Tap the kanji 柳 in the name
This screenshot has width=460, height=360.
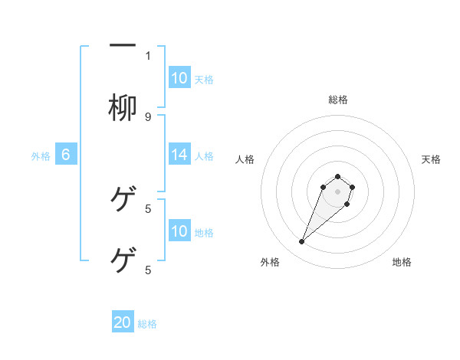[x=123, y=108]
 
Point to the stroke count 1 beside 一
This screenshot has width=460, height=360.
[x=148, y=55]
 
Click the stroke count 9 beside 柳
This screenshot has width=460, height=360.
[x=148, y=116]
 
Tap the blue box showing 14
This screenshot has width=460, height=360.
[x=179, y=155]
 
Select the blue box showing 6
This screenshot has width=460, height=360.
[x=66, y=155]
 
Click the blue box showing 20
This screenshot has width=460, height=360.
[x=123, y=322]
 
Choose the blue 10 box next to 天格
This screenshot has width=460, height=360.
[x=179, y=78]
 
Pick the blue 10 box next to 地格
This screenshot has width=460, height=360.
[x=179, y=231]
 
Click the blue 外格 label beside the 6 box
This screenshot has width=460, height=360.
[x=41, y=155]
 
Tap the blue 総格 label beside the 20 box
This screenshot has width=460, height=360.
[x=147, y=324]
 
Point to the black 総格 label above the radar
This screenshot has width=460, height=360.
[x=337, y=100]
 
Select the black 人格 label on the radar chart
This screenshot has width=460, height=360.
[x=245, y=159]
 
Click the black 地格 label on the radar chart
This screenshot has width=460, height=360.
[x=402, y=262]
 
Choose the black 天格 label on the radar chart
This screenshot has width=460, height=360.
[x=431, y=159]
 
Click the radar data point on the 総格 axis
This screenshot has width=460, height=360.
[x=337, y=177]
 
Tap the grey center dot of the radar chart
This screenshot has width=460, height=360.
[x=337, y=191]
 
